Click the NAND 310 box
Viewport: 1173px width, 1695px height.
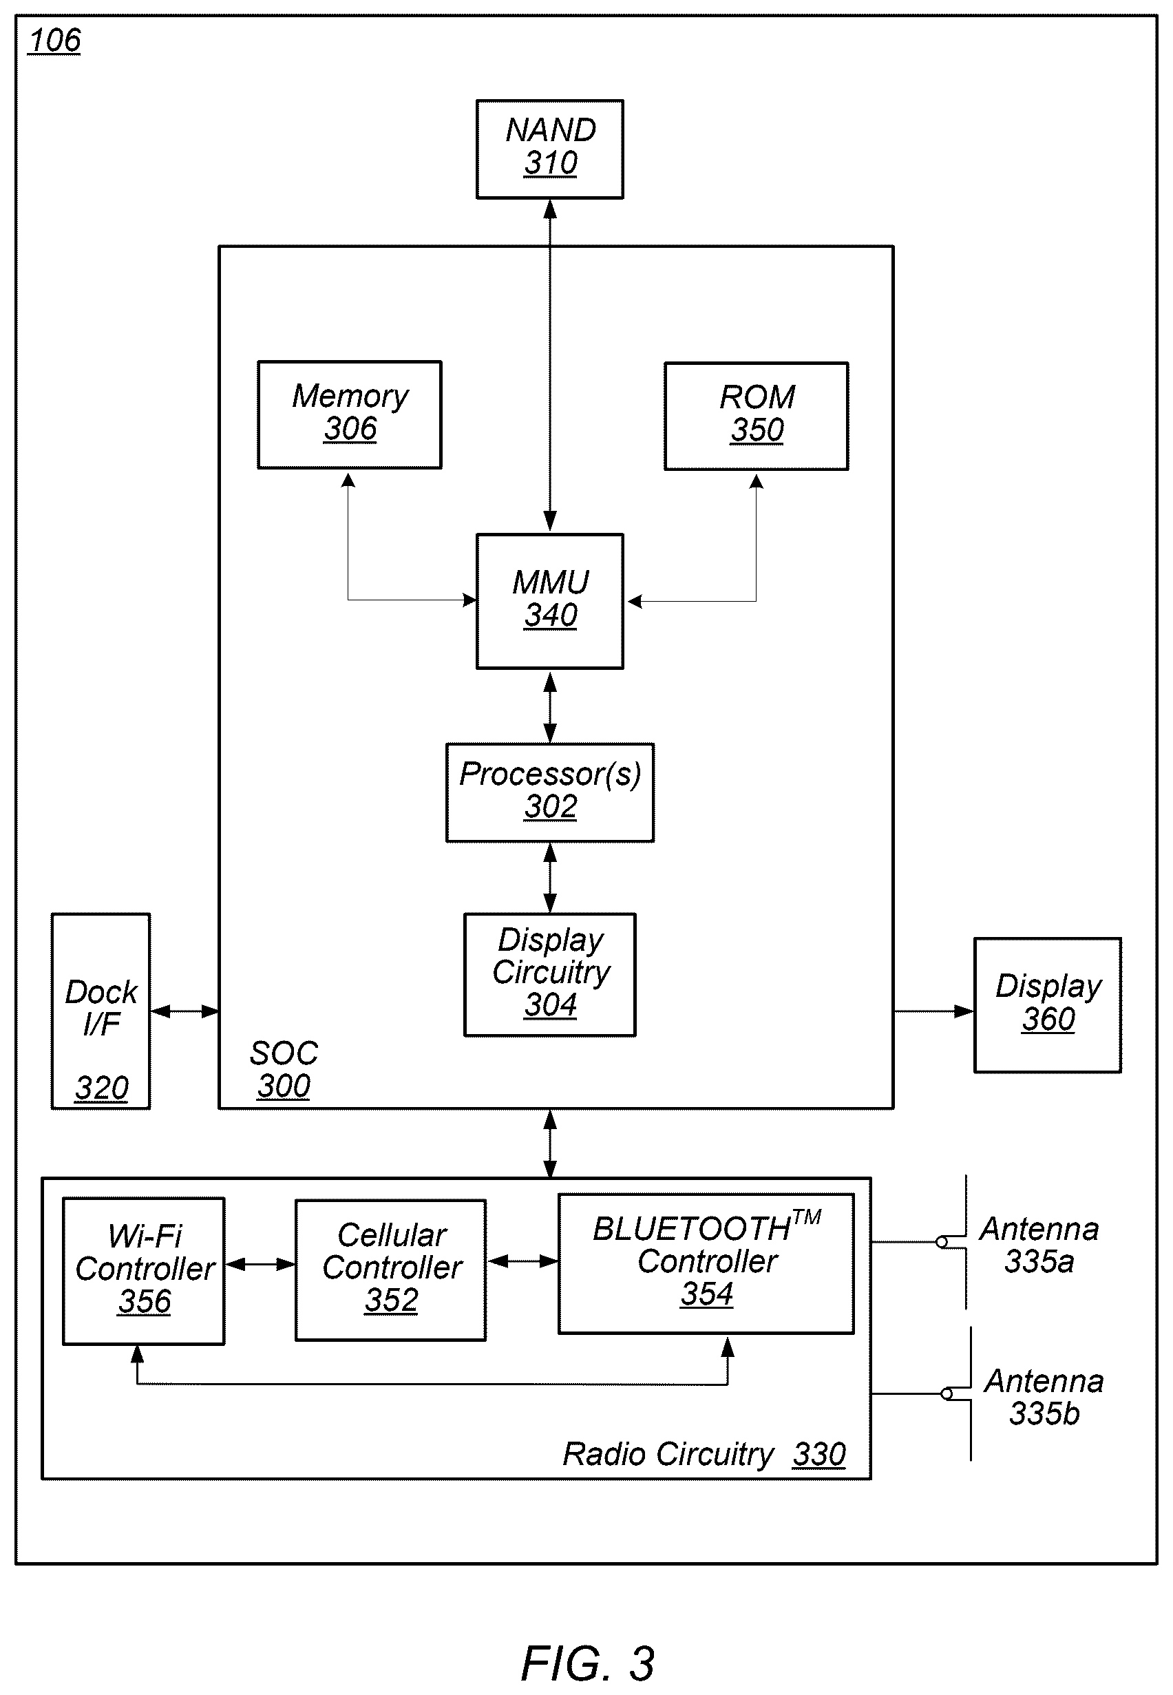point(550,149)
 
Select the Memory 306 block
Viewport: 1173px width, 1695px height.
point(349,414)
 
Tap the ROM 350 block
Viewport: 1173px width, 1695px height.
point(757,416)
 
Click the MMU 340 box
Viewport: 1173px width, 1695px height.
point(550,601)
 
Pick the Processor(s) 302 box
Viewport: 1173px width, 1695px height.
point(550,792)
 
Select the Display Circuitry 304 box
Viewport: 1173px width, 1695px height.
point(550,975)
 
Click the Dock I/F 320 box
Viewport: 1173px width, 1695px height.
point(101,1011)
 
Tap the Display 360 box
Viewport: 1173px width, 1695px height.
point(1047,1004)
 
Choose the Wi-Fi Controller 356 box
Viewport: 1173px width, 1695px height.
point(143,1271)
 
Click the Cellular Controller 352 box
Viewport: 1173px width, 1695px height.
point(390,1270)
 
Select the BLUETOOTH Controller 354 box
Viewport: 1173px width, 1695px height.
point(706,1263)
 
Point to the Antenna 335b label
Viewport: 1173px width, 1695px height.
point(1044,1397)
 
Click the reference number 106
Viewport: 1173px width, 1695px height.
point(54,41)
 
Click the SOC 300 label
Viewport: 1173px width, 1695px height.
point(284,1068)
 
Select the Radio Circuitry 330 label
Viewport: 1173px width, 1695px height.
point(704,1453)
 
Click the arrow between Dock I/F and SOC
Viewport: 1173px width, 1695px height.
point(185,1011)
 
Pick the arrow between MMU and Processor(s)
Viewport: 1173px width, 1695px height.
point(550,706)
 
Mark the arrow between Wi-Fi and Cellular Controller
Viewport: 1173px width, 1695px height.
point(260,1264)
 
